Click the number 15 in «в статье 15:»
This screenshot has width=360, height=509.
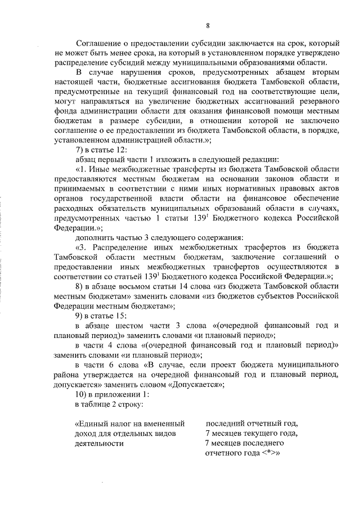[116, 315]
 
